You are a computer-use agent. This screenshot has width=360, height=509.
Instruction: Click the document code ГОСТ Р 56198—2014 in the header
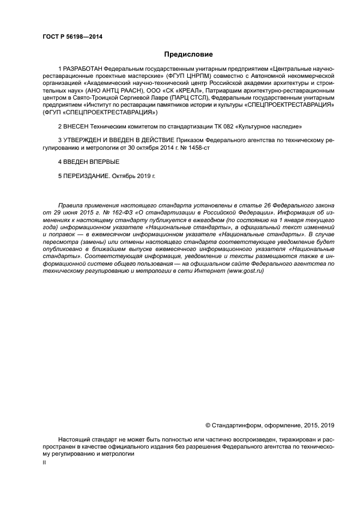pyautogui.click(x=72, y=37)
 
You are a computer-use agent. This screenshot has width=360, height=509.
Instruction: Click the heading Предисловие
pyautogui.click(x=189, y=54)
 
